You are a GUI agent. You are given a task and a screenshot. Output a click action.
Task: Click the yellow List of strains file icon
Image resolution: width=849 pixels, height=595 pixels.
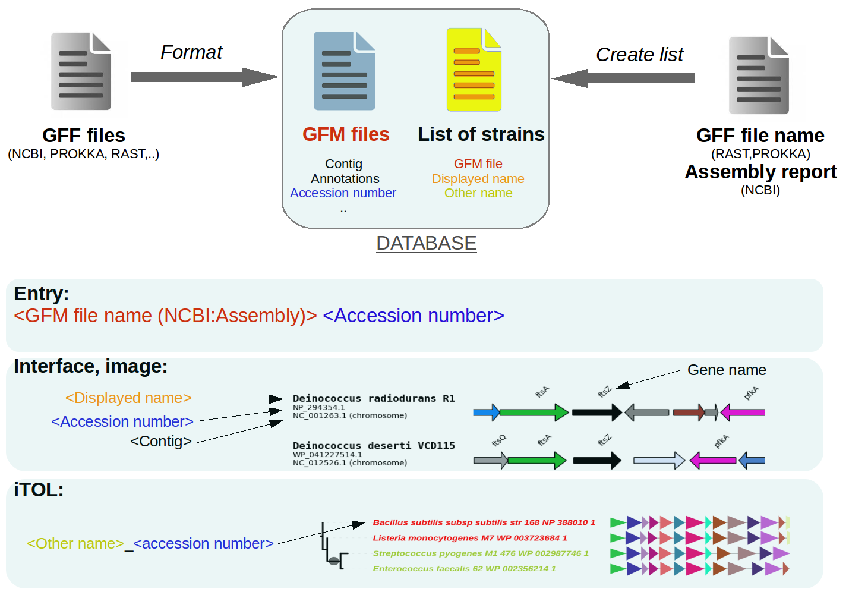(x=474, y=70)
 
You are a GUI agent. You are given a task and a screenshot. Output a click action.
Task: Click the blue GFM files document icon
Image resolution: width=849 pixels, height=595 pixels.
(x=345, y=71)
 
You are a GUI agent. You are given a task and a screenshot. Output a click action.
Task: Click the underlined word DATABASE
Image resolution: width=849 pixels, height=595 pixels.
(x=426, y=243)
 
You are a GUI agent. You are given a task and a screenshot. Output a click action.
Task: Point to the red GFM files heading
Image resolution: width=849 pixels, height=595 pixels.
(x=346, y=134)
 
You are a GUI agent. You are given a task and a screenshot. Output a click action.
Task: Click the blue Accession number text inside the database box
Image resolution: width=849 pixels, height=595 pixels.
(x=343, y=193)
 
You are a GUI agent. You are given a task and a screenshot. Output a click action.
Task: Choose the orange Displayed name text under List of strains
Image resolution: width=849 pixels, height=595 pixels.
(x=478, y=179)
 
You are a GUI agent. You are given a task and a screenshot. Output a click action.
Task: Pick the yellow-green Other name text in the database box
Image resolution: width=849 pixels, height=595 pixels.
(x=478, y=193)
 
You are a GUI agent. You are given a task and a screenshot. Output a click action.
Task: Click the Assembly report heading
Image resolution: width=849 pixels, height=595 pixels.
(x=760, y=172)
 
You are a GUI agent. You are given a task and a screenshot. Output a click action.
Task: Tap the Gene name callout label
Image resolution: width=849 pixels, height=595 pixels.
(x=726, y=370)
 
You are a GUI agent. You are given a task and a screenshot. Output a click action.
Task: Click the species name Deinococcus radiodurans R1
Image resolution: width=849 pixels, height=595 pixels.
(x=374, y=398)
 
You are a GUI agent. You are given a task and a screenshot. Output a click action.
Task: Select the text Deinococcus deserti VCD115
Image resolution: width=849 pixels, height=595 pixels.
(x=374, y=445)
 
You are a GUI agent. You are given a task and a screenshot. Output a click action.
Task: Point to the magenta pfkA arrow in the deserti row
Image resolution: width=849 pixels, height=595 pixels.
(x=713, y=460)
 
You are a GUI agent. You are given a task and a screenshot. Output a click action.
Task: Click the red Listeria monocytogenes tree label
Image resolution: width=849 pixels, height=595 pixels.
(x=469, y=538)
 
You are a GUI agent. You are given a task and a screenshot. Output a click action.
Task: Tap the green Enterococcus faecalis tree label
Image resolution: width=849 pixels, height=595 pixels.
(x=464, y=569)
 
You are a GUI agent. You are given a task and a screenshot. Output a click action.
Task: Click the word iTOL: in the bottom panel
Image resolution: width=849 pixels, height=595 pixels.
(x=39, y=490)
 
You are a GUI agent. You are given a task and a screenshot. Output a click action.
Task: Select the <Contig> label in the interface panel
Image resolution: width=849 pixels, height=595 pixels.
(x=161, y=442)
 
